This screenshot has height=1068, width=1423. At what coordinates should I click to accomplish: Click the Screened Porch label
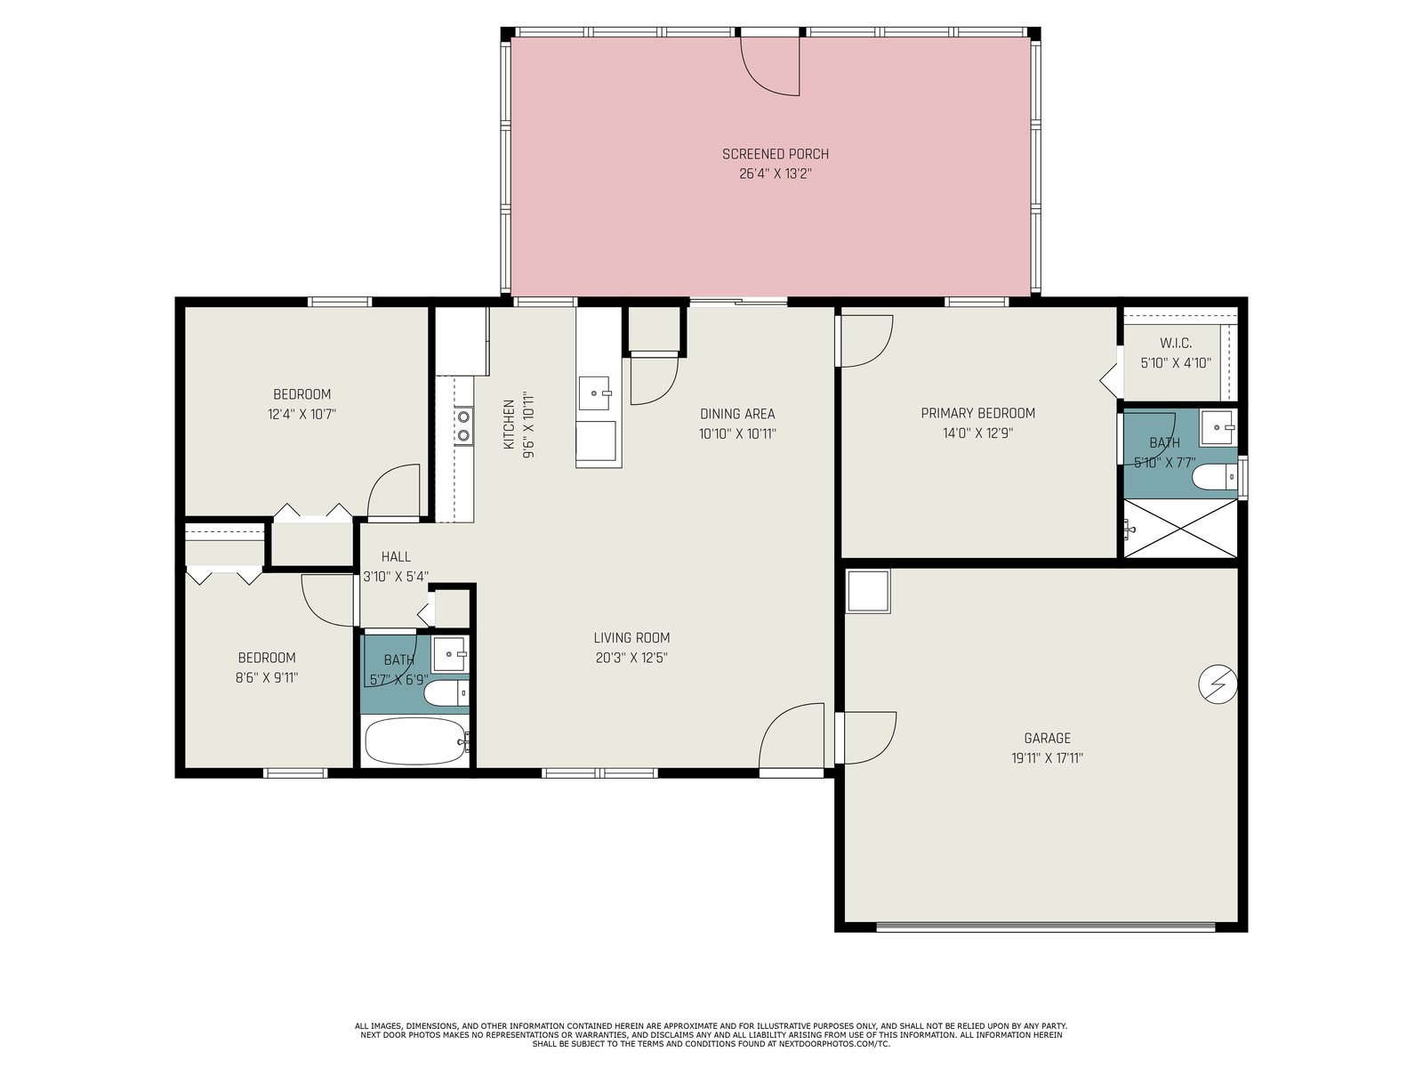[776, 154]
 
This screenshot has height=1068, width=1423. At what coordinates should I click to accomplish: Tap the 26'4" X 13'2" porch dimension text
[776, 174]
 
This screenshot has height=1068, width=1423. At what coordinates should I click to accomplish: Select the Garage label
[1047, 738]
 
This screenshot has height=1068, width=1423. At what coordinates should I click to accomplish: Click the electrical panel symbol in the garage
[1218, 684]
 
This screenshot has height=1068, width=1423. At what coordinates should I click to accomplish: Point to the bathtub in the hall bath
[415, 741]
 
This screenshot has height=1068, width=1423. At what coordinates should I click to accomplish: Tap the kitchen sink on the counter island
[594, 393]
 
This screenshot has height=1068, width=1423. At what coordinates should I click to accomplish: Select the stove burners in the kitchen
[463, 425]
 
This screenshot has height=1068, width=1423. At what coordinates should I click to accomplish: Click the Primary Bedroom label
[977, 413]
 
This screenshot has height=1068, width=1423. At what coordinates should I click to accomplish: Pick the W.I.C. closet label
[1176, 343]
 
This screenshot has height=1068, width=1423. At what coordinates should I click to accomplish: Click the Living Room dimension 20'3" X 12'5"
[631, 658]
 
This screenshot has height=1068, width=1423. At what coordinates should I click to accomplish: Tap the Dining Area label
[737, 414]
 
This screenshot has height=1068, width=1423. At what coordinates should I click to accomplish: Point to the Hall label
[396, 556]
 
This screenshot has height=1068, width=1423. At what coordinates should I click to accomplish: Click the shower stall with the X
[1180, 529]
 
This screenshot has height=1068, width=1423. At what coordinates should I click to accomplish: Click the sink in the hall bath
[448, 653]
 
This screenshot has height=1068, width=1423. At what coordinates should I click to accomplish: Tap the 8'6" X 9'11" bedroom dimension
[267, 677]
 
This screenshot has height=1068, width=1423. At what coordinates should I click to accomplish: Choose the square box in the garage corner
[868, 591]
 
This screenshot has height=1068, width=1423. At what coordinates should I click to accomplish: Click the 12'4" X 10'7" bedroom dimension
[301, 414]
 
